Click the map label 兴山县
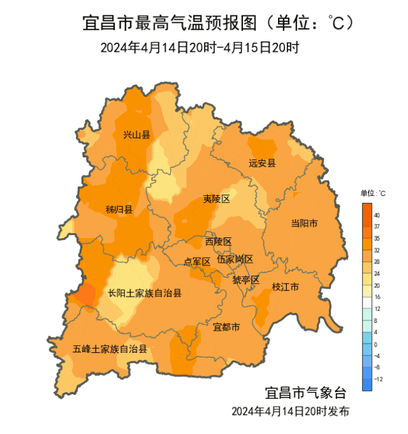tap(136, 135)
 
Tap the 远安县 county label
tap(262, 163)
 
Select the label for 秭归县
tap(119, 210)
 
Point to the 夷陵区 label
tap(216, 199)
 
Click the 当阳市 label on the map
tap(304, 223)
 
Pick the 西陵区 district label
tap(218, 241)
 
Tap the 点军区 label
tap(197, 262)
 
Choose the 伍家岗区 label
tap(235, 259)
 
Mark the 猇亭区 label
tap(245, 280)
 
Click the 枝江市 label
tap(285, 287)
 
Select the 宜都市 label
tap(226, 327)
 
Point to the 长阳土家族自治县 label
tap(145, 294)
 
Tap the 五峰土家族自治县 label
tap(110, 349)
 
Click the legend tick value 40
tap(377, 215)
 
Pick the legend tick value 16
tap(377, 297)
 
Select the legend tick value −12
tap(379, 378)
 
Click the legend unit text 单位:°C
tap(373, 193)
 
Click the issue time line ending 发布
tap(290, 410)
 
